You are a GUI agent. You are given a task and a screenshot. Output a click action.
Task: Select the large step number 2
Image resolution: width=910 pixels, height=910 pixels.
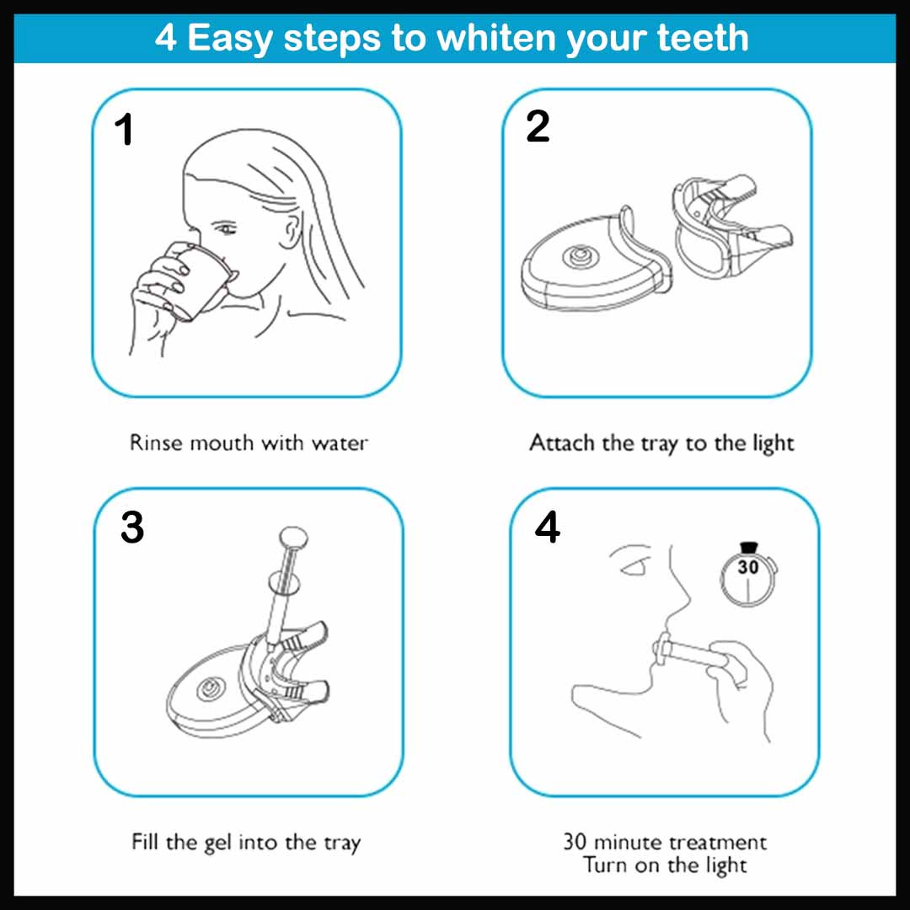(537, 127)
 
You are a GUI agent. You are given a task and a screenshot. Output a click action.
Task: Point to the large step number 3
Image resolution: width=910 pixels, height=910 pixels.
(132, 528)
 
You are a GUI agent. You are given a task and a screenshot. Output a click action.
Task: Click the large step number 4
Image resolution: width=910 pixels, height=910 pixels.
(547, 528)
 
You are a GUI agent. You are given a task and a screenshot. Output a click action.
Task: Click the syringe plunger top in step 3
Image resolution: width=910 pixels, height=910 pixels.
(292, 536)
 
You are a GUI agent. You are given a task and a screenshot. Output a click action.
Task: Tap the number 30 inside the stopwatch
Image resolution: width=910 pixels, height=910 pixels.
(747, 568)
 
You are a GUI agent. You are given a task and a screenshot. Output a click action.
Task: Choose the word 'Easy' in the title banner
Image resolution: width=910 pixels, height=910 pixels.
(230, 37)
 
